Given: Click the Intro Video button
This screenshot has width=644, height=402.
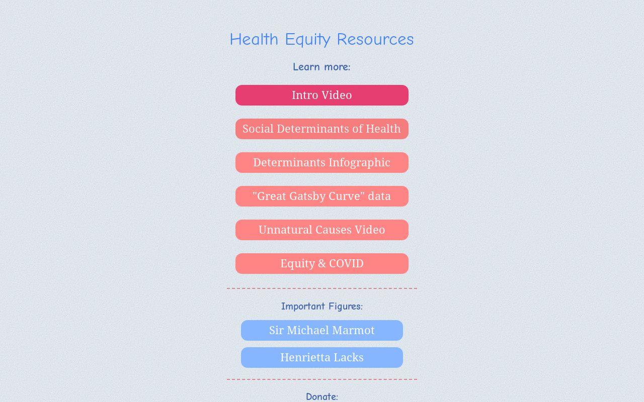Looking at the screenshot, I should [321, 95].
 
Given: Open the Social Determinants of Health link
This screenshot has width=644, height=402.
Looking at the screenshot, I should [321, 129].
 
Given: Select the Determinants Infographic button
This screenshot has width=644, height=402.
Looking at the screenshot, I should [321, 162].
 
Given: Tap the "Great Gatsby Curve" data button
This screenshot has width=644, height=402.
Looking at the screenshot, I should [321, 196].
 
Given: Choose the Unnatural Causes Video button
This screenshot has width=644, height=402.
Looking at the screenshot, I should [321, 230].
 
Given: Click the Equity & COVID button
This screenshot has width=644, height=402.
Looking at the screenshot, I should [321, 263].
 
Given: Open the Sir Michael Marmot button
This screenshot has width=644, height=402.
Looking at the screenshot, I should [321, 330].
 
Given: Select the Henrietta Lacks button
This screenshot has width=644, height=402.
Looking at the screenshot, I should [321, 357].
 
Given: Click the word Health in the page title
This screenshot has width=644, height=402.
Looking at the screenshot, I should [254, 39].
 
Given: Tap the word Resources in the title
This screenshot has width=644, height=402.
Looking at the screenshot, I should [375, 39].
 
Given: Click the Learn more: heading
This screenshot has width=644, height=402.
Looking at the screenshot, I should [321, 67].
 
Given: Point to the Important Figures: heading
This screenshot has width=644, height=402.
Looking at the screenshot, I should [321, 306].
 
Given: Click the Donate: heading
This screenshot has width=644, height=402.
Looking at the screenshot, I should [321, 396].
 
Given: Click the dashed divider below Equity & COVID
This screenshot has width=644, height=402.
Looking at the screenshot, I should [321, 288].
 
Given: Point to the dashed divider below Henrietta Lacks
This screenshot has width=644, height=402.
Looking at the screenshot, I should [321, 379].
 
